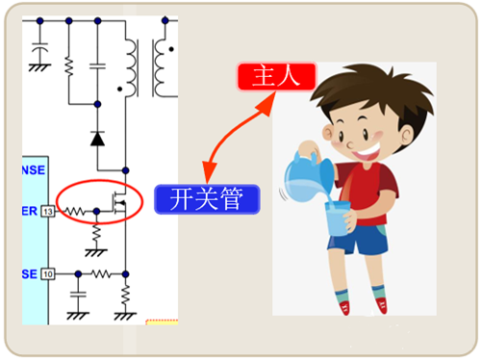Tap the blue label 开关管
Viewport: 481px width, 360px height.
(x=206, y=199)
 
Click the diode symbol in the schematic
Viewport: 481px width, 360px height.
(x=97, y=138)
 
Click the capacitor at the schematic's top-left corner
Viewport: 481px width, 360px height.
(x=39, y=48)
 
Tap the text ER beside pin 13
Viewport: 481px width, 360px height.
(x=29, y=210)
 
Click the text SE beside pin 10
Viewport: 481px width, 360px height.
(x=29, y=273)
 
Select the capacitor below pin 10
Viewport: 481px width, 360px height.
(x=77, y=300)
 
